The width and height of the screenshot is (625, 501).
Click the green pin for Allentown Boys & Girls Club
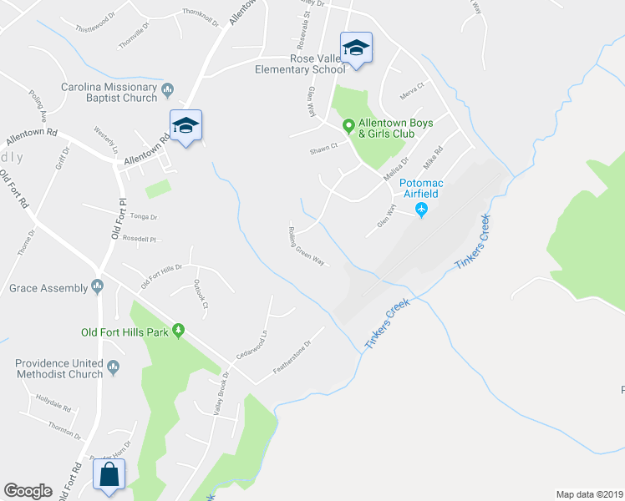click(349, 126)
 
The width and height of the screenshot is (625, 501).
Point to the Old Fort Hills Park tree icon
click(178, 332)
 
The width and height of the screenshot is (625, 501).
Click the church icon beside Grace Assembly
click(98, 288)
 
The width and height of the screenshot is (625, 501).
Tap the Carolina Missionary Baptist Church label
click(109, 93)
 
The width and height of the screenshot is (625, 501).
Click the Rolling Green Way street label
click(306, 245)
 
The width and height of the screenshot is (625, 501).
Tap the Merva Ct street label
click(413, 86)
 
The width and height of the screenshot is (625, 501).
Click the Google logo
click(28, 491)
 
